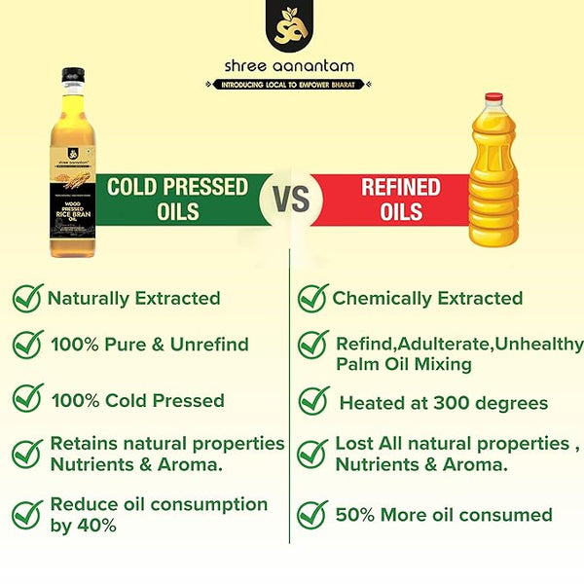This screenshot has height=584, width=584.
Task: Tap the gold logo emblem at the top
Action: click(291, 29)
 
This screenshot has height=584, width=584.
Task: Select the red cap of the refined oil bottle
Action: click(494, 99)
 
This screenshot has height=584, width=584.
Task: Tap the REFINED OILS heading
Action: click(400, 199)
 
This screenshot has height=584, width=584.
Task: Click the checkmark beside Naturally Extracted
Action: click(27, 298)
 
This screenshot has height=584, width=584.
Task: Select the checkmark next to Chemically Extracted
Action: click(311, 298)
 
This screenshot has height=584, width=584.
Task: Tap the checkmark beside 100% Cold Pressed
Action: click(27, 400)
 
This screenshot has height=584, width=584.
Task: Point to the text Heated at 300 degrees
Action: click(443, 402)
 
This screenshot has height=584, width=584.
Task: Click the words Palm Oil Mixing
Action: click(403, 364)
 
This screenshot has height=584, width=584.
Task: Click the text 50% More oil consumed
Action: click(443, 515)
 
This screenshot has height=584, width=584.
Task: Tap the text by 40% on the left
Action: click(83, 526)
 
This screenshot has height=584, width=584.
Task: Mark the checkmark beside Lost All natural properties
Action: click(311, 454)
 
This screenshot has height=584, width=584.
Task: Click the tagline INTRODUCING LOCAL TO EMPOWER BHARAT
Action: click(291, 85)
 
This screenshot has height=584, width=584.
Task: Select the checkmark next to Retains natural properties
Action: click(27, 453)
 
